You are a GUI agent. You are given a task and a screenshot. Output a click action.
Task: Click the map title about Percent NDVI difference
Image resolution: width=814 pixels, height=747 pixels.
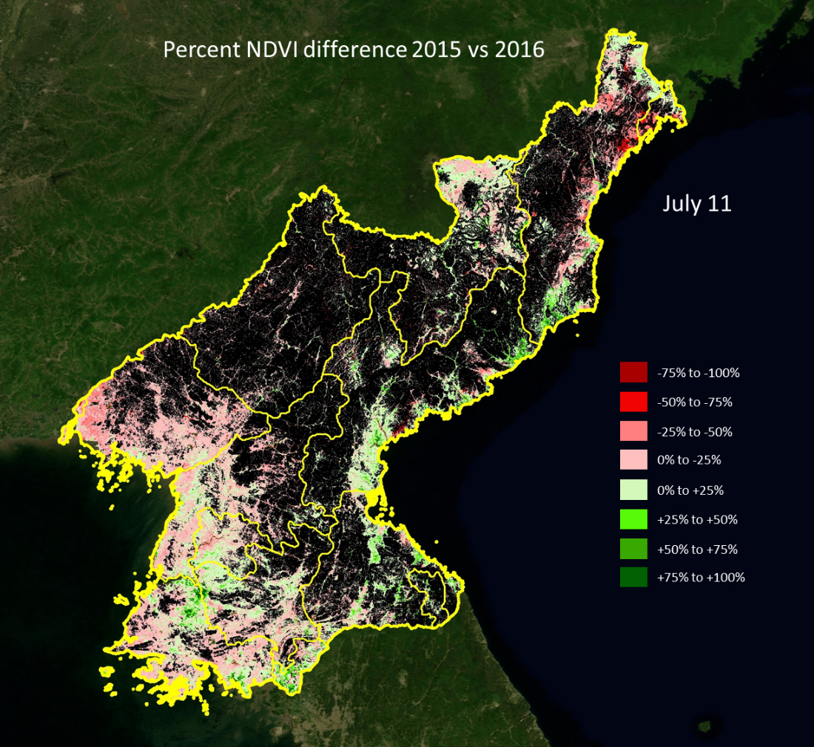[354, 50]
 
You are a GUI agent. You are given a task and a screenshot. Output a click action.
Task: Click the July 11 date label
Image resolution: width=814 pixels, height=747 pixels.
[696, 203]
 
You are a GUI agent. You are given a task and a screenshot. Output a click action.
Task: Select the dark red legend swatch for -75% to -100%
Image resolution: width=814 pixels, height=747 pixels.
[633, 372]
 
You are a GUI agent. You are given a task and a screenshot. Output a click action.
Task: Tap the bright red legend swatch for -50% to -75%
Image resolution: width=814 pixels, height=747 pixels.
[633, 402]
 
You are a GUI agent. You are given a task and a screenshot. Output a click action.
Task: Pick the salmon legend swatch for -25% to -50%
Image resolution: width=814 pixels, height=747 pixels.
[633, 431]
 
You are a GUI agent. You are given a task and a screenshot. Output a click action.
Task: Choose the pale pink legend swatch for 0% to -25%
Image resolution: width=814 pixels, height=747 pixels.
[633, 460]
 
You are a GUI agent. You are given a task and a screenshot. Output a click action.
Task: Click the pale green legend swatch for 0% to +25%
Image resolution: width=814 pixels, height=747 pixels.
[633, 490]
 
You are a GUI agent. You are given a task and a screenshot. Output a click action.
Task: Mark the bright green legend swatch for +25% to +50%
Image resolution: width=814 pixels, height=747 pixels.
[633, 519]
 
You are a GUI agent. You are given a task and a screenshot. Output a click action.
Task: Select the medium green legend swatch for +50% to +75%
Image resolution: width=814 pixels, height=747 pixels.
[633, 549]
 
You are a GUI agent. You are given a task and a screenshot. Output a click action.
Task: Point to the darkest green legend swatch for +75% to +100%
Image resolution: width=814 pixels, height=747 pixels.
[633, 577]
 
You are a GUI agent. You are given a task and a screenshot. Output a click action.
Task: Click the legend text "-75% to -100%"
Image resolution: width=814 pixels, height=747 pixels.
[698, 373]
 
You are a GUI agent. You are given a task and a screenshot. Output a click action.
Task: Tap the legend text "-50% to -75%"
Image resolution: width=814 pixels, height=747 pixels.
[694, 402]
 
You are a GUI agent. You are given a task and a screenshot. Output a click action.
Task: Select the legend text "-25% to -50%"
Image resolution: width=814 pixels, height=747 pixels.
[694, 432]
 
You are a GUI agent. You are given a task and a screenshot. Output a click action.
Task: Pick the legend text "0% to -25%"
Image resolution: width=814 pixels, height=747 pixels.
[688, 460]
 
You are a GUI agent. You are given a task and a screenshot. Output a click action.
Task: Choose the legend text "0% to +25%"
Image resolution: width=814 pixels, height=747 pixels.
[690, 490]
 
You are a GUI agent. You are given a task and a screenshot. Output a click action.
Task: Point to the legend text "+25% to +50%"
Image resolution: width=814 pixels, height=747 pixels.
[697, 520]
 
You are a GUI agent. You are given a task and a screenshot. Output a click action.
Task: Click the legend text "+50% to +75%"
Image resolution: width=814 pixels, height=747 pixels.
[697, 550]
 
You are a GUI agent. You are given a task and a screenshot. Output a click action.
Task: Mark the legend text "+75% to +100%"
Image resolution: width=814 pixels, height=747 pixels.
[701, 578]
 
